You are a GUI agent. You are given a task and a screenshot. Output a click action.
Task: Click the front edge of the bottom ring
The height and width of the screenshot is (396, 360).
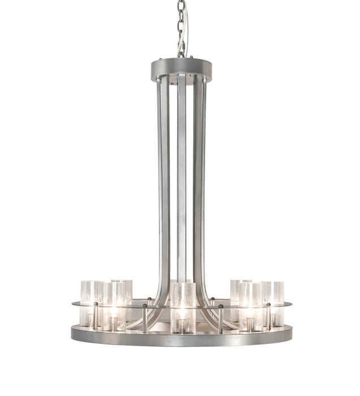tap(181, 339)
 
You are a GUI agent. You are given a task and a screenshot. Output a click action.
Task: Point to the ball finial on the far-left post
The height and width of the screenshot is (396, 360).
tap(95, 304)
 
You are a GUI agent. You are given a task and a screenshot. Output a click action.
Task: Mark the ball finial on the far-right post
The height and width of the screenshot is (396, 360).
tap(268, 304)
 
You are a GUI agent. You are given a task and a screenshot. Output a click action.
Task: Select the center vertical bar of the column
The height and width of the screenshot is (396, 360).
tap(181, 170)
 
